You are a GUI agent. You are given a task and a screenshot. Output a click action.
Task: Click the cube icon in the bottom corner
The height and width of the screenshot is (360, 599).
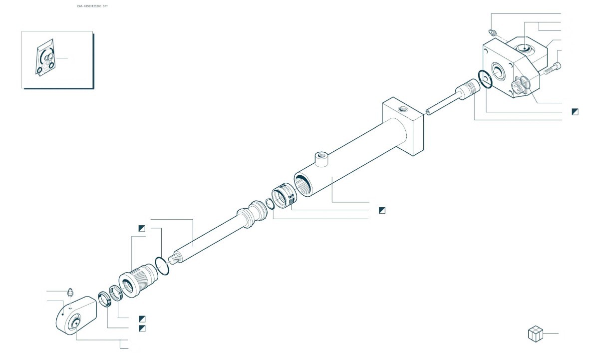(535, 334)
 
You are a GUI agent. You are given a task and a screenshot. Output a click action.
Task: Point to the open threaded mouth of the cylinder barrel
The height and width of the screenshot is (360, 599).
(303, 184)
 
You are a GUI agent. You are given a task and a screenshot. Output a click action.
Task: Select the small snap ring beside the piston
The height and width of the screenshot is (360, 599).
(269, 203)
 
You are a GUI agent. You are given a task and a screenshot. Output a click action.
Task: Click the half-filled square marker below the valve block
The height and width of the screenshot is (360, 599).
(575, 111)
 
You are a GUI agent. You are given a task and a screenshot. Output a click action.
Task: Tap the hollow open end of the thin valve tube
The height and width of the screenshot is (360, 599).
(428, 113)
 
